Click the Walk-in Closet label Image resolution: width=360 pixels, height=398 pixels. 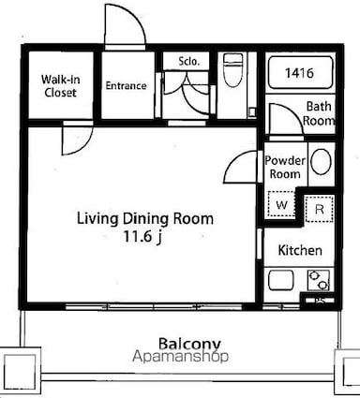[x=60, y=86]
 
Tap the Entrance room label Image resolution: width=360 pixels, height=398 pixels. [x=126, y=85]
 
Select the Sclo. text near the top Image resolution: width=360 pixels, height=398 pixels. [x=188, y=61]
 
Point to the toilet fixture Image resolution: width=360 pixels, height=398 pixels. [x=233, y=70]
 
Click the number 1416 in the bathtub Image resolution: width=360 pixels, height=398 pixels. [x=299, y=73]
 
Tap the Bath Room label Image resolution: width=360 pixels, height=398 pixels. [x=319, y=113]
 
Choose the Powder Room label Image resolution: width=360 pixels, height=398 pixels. [x=285, y=167]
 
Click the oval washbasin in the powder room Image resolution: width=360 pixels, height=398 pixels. [x=322, y=162]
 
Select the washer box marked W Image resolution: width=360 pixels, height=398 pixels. [x=281, y=204]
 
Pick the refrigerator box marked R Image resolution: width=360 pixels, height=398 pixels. [x=319, y=209]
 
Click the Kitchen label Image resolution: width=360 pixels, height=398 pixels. [x=300, y=250]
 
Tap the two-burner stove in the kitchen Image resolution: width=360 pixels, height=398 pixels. [x=319, y=280]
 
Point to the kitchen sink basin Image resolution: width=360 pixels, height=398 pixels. [x=281, y=280]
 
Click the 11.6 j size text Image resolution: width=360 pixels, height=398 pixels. [x=142, y=236]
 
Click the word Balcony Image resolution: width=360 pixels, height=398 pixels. [x=189, y=344]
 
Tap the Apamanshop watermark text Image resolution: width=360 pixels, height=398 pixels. [x=180, y=357]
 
